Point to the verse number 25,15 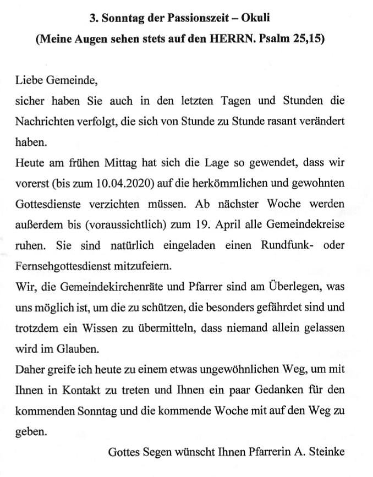[306, 40]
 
